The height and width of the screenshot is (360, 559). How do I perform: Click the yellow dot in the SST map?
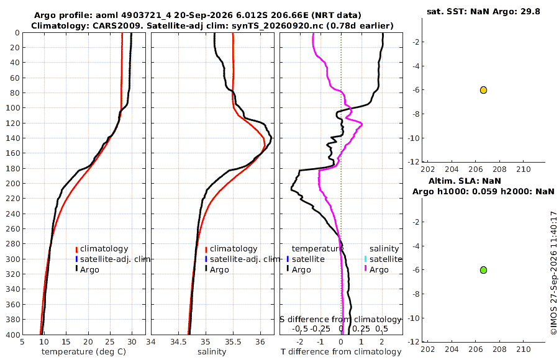coord(483,90)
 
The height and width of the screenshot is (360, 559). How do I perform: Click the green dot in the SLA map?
coord(483,270)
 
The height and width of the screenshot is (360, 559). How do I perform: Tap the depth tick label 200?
coord(13,183)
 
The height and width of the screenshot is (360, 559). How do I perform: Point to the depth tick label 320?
coord(13,274)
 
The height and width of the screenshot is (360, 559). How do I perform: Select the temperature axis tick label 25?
coord(110,341)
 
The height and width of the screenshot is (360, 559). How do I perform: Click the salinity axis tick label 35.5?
coord(233,341)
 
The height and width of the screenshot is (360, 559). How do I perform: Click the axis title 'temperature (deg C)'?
coord(84,352)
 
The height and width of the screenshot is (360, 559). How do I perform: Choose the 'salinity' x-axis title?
coord(212,352)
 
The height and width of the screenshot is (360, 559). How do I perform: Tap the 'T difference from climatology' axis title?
coord(341,352)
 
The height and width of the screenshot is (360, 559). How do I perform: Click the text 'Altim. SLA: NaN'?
coord(465,181)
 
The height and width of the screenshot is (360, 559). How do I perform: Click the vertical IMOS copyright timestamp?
coord(553,273)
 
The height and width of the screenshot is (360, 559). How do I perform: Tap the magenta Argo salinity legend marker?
coord(365,269)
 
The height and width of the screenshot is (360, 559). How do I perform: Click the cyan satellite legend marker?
coord(365,259)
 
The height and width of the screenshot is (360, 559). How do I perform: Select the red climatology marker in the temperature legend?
coord(76,250)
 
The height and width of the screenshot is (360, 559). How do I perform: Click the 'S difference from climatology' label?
coord(341,320)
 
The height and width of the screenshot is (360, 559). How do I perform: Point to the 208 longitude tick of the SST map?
coord(499,169)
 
